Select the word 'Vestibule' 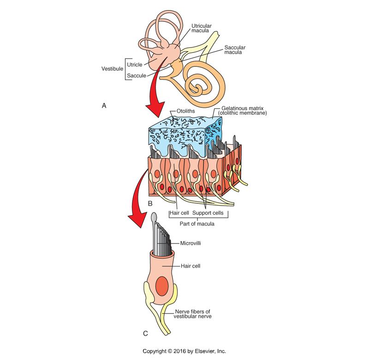coord(112,69)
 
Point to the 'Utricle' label coord(135,65)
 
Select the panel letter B coord(149,203)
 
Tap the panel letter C coord(145,333)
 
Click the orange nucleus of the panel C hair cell coord(161,287)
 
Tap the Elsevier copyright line coord(184,351)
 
